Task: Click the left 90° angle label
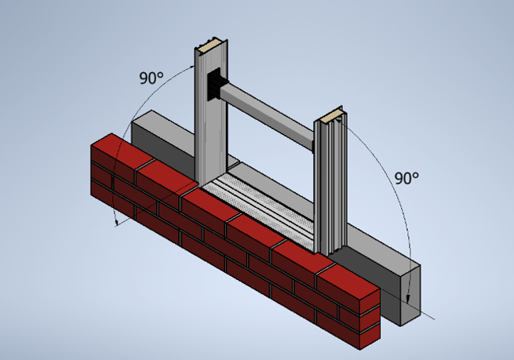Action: pos(151,78)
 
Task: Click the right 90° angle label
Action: pos(406,178)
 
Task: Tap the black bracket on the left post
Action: pos(214,84)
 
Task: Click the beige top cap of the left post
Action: pos(210,46)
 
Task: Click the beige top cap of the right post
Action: pos(330,118)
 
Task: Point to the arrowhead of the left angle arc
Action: pos(117,224)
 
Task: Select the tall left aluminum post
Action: pos(210,118)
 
